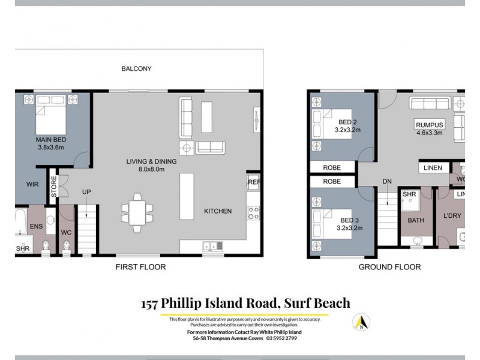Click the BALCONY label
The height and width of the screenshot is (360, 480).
point(136,68)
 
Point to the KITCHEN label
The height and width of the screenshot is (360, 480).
point(217,211)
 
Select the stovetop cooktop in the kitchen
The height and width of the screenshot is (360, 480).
point(253,213)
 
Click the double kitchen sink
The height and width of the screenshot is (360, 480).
point(214,246)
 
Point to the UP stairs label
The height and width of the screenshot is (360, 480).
point(86,192)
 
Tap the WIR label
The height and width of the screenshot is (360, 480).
point(32,184)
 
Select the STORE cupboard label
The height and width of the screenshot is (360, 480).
point(53,186)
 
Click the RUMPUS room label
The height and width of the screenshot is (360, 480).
point(429,125)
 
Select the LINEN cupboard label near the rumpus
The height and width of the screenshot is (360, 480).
point(431,168)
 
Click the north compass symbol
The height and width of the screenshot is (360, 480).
point(361,322)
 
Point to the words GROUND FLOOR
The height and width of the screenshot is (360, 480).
point(389,267)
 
